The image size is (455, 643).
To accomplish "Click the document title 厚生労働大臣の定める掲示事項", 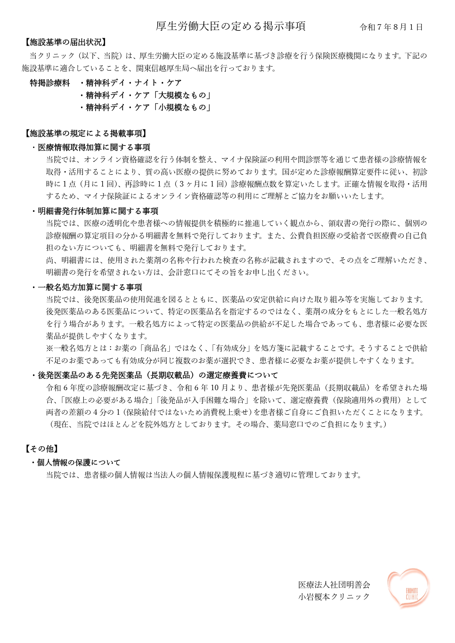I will click(230, 26).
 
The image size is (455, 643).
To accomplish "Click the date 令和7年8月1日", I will click(391, 27).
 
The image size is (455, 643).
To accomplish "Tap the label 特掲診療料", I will click(50, 83).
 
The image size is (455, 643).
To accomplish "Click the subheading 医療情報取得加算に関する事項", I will click(94, 147).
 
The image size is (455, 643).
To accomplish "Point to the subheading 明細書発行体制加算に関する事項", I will click(98, 211).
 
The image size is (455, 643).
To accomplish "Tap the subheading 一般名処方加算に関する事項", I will click(90, 287).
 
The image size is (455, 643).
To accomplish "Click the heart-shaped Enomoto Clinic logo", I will click(408, 588).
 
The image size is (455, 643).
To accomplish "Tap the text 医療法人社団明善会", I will click(334, 585).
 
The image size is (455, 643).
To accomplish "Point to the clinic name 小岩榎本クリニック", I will click(334, 596).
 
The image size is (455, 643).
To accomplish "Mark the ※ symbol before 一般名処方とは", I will click(50, 348).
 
